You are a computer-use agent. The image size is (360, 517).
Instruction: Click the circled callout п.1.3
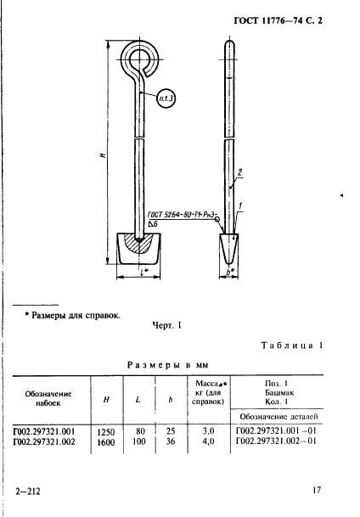[166, 98]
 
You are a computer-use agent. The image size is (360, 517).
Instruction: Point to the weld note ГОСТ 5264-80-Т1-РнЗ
[182, 215]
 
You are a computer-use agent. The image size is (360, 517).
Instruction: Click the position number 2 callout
[239, 172]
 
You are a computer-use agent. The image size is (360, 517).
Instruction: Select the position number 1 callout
[240, 206]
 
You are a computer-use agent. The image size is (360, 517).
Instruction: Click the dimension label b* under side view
[229, 272]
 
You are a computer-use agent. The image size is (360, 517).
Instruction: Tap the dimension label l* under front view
[144, 272]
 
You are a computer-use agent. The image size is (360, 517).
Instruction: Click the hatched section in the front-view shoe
[138, 244]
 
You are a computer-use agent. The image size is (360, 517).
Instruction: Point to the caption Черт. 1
[166, 326]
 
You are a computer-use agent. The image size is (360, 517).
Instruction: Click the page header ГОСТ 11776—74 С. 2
[278, 20]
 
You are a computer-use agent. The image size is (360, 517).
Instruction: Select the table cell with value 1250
[106, 432]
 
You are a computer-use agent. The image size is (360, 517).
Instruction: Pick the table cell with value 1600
[106, 442]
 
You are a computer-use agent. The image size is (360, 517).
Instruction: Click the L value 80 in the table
[140, 431]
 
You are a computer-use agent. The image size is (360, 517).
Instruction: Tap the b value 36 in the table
[171, 441]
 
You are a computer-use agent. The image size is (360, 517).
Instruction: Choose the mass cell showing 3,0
[208, 431]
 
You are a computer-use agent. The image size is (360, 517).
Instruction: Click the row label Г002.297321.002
[44, 441]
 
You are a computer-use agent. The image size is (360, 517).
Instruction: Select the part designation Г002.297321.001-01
[276, 430]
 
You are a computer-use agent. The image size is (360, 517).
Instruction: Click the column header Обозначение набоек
[48, 398]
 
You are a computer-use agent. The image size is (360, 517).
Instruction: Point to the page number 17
[317, 491]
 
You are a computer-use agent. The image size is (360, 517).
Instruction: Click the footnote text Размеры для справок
[76, 316]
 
